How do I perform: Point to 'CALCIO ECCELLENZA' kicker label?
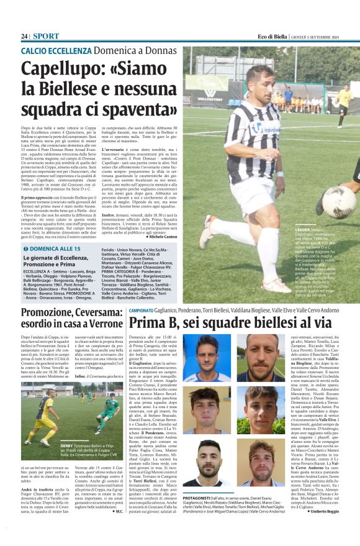coord(56,50)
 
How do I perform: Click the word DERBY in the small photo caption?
coord(67,446)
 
